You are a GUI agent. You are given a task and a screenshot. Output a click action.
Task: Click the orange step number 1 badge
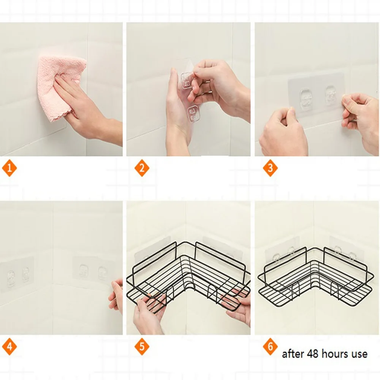(x=9, y=168)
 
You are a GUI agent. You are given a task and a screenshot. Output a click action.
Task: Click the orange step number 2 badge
(x=142, y=168)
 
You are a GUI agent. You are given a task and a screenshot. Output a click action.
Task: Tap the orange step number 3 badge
(x=270, y=168)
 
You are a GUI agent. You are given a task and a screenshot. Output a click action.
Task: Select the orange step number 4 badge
(x=9, y=346)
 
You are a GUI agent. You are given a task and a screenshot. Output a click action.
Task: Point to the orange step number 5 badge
(x=142, y=346)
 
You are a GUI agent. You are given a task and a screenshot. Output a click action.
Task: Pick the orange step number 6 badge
(x=270, y=346)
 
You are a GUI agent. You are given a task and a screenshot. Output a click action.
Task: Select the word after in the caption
(x=293, y=353)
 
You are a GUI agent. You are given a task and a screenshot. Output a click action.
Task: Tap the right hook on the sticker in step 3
(x=331, y=95)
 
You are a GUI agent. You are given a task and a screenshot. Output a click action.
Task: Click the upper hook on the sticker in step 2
(x=187, y=81)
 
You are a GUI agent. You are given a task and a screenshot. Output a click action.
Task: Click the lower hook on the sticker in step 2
(x=193, y=113)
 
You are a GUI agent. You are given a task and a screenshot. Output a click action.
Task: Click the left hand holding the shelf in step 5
(x=148, y=315)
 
